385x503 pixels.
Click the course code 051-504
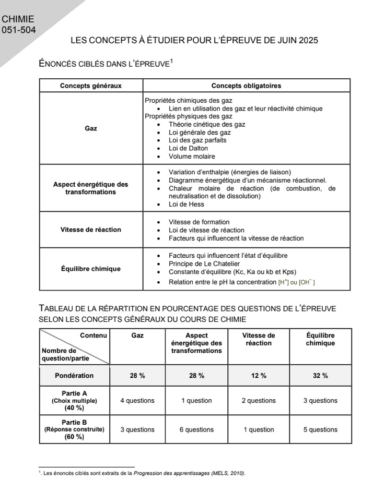pyautogui.click(x=19, y=30)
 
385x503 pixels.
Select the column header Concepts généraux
pyautogui.click(x=91, y=86)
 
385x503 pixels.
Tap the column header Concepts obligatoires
pyautogui.click(x=246, y=86)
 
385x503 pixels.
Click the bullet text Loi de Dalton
pyautogui.click(x=188, y=148)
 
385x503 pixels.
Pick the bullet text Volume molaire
pyautogui.click(x=192, y=156)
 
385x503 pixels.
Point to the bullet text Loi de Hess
pyautogui.click(x=186, y=205)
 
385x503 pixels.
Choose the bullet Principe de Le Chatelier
pyautogui.click(x=209, y=264)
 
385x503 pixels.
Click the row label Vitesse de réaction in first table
pyautogui.click(x=91, y=230)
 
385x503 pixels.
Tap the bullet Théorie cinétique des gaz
pyautogui.click(x=207, y=124)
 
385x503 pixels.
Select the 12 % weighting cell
pyautogui.click(x=259, y=376)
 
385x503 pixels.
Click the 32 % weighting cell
pyautogui.click(x=320, y=376)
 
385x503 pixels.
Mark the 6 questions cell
pyautogui.click(x=196, y=429)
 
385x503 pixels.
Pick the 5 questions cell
pyautogui.click(x=320, y=429)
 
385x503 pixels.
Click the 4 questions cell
pyautogui.click(x=137, y=401)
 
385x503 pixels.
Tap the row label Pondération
pyautogui.click(x=74, y=376)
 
